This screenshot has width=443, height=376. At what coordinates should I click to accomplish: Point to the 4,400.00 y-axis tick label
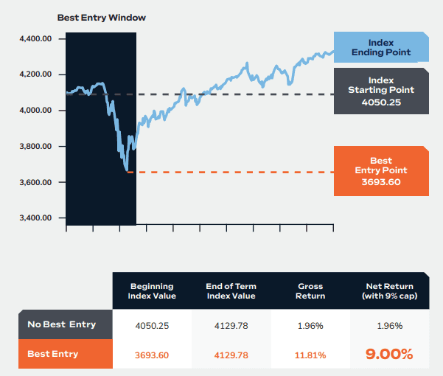tap(36, 38)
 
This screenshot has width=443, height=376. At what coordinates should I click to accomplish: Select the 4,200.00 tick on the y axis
tap(36, 74)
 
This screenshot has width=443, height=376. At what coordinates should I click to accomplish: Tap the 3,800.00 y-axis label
tap(36, 147)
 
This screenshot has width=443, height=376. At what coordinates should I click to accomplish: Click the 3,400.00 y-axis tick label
tap(36, 218)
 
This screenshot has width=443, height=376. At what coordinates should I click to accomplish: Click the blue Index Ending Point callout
tap(381, 47)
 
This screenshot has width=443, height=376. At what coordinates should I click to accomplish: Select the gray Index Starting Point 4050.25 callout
tap(381, 91)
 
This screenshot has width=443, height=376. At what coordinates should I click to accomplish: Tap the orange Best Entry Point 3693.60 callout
tap(381, 171)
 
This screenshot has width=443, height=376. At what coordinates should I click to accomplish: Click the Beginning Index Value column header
tap(151, 290)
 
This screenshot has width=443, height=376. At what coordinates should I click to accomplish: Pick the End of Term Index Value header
tap(231, 290)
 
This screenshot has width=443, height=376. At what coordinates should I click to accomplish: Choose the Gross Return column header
tap(310, 290)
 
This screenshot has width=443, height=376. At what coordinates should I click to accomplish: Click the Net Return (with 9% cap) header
tap(389, 290)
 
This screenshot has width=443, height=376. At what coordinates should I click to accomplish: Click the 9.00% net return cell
tap(389, 354)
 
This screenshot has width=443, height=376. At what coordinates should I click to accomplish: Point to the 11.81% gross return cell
tap(310, 355)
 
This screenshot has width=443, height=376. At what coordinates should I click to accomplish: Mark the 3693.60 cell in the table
tap(151, 355)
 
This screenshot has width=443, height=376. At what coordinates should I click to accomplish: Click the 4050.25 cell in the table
tap(151, 325)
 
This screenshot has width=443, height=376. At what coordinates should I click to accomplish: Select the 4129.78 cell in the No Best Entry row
tap(231, 325)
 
